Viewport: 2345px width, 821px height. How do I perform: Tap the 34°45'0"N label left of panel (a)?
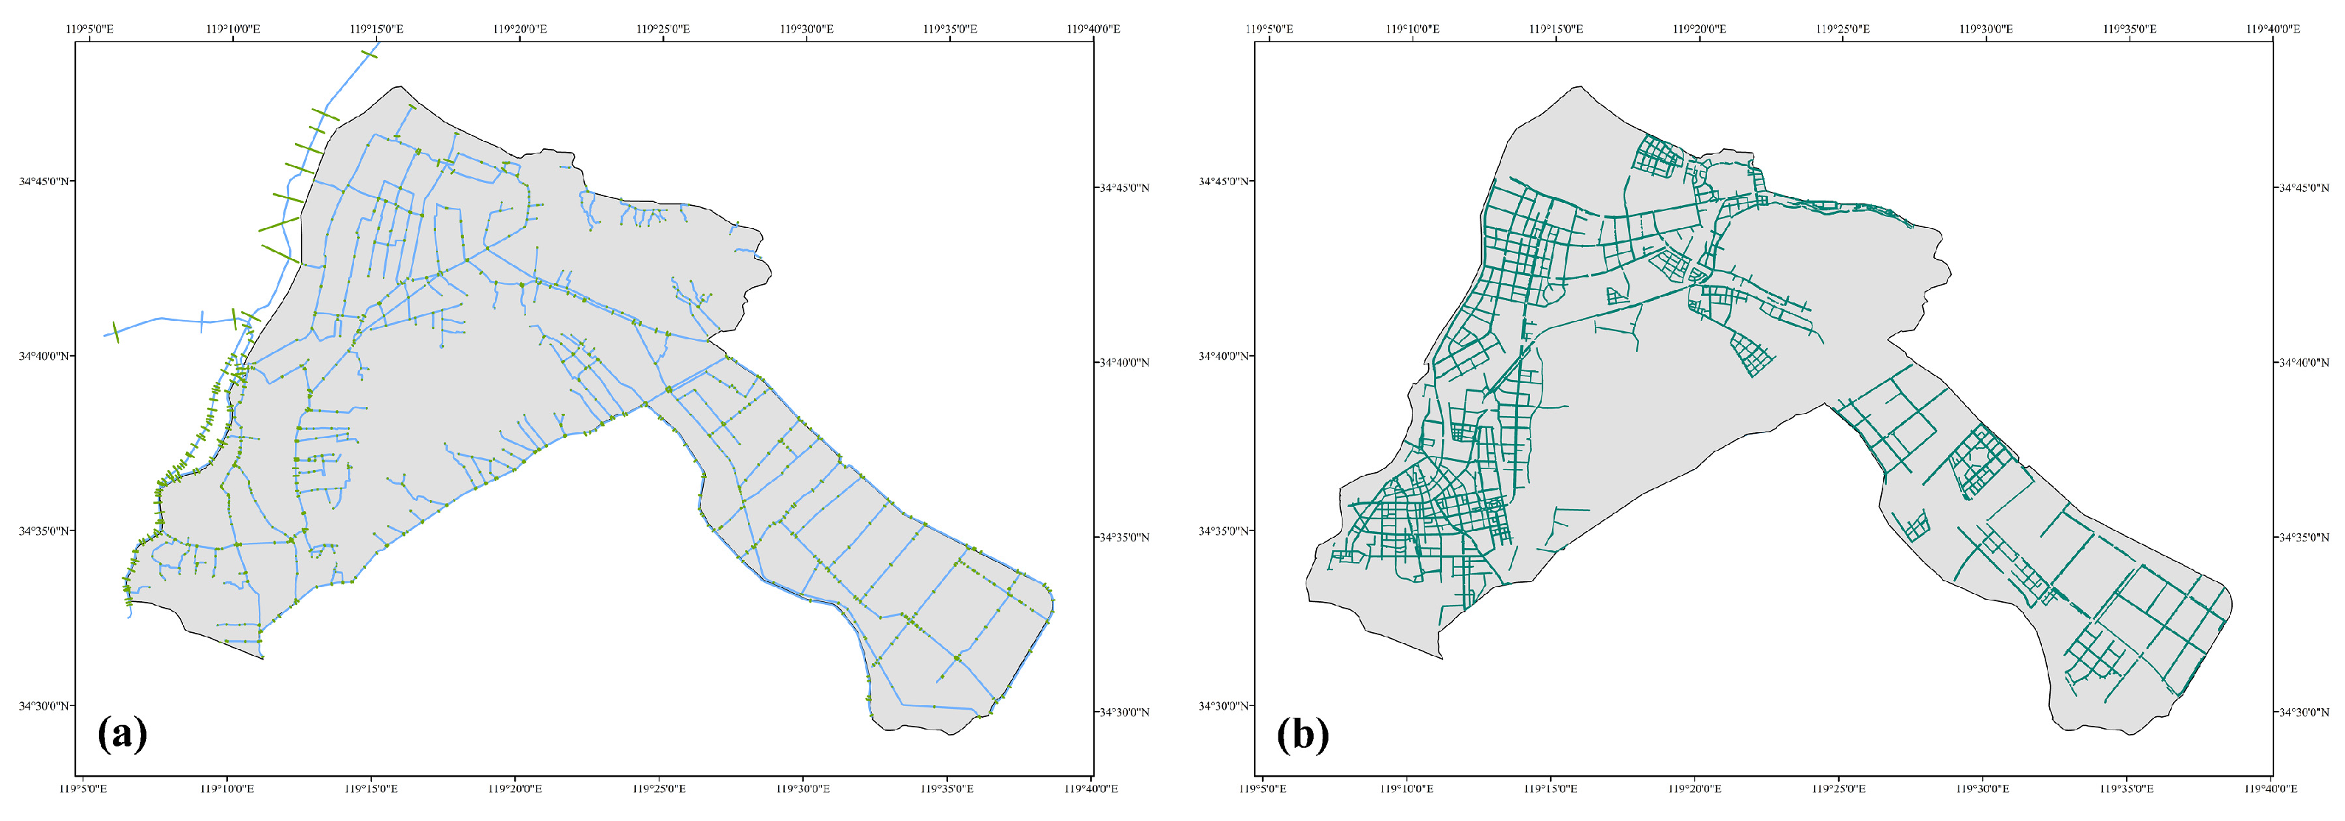(44, 181)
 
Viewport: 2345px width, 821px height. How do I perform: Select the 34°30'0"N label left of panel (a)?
(44, 705)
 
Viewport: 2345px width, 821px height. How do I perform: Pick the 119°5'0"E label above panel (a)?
(90, 29)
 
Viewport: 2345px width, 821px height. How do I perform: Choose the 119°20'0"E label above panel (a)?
(521, 29)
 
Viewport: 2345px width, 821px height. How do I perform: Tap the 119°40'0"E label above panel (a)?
(1093, 29)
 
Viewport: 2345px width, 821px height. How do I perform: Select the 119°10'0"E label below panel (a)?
(228, 789)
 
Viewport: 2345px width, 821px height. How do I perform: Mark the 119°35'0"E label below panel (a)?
(949, 789)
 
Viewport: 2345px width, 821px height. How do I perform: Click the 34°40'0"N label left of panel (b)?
(1225, 356)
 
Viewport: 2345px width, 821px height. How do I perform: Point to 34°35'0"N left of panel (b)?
(1225, 530)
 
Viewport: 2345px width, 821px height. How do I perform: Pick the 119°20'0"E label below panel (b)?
(1694, 789)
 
